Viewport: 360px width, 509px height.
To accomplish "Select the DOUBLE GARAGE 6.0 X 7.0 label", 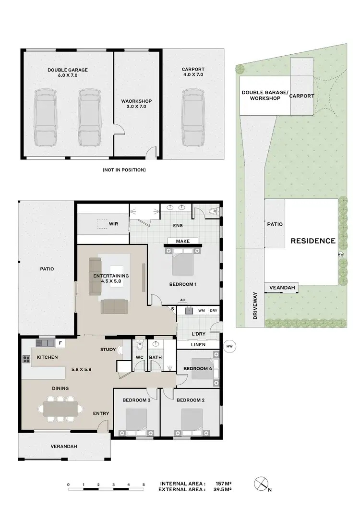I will point(67,73).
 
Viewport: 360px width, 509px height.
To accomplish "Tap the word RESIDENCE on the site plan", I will point(313,241).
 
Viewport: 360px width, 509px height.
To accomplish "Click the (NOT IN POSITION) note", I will point(124,170).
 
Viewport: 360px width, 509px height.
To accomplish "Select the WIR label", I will point(113,224).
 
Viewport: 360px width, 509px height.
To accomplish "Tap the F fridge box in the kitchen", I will point(60,343).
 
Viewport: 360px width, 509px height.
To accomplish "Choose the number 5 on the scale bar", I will point(143,484).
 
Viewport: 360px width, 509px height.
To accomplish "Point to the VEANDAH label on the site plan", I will point(282,288).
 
